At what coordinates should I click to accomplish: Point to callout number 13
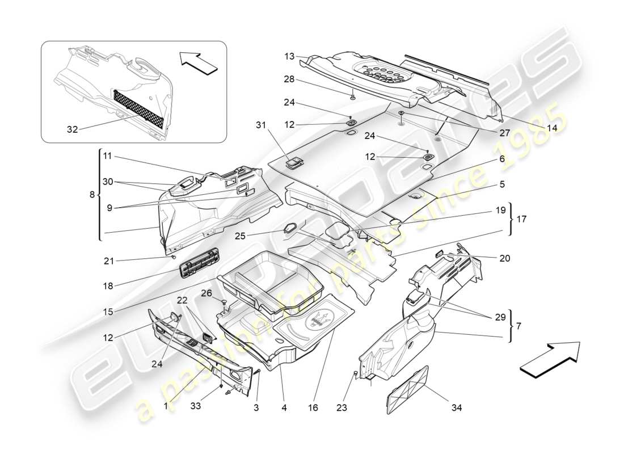point(290,56)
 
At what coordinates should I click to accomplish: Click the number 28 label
point(290,79)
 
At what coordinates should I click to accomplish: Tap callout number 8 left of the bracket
point(92,195)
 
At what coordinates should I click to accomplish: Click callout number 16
point(313,407)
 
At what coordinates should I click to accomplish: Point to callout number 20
point(505,258)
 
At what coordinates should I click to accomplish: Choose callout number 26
point(206,293)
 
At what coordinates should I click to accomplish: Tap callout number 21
point(109,260)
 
